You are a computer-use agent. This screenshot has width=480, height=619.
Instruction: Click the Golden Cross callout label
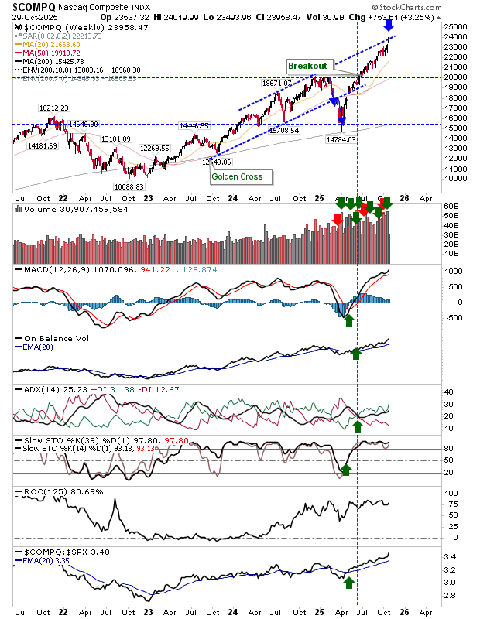(237, 176)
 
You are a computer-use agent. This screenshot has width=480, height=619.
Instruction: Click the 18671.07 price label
(278, 83)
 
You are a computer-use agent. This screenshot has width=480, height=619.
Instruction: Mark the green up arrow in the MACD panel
(349, 319)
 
